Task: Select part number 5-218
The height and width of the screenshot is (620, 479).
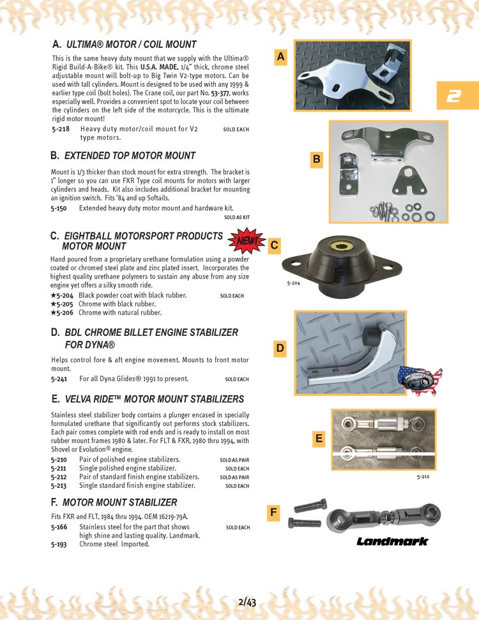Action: [60, 129]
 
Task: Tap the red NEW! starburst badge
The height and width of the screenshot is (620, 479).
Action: [246, 241]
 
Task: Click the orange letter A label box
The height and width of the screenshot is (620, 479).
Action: [281, 57]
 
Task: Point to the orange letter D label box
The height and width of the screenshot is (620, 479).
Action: [280, 349]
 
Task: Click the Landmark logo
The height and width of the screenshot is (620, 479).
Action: [392, 541]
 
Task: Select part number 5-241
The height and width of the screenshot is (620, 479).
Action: [60, 379]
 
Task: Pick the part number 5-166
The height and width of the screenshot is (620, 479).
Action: [60, 527]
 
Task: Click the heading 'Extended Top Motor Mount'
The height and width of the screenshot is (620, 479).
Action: [130, 156]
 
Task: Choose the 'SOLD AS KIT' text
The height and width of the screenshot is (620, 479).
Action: [236, 217]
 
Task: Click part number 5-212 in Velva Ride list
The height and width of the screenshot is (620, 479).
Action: [60, 477]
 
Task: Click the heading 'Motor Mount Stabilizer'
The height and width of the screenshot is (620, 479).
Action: [119, 503]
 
